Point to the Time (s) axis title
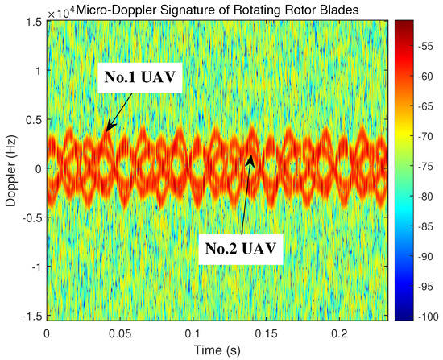215,350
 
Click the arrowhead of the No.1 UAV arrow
106,130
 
